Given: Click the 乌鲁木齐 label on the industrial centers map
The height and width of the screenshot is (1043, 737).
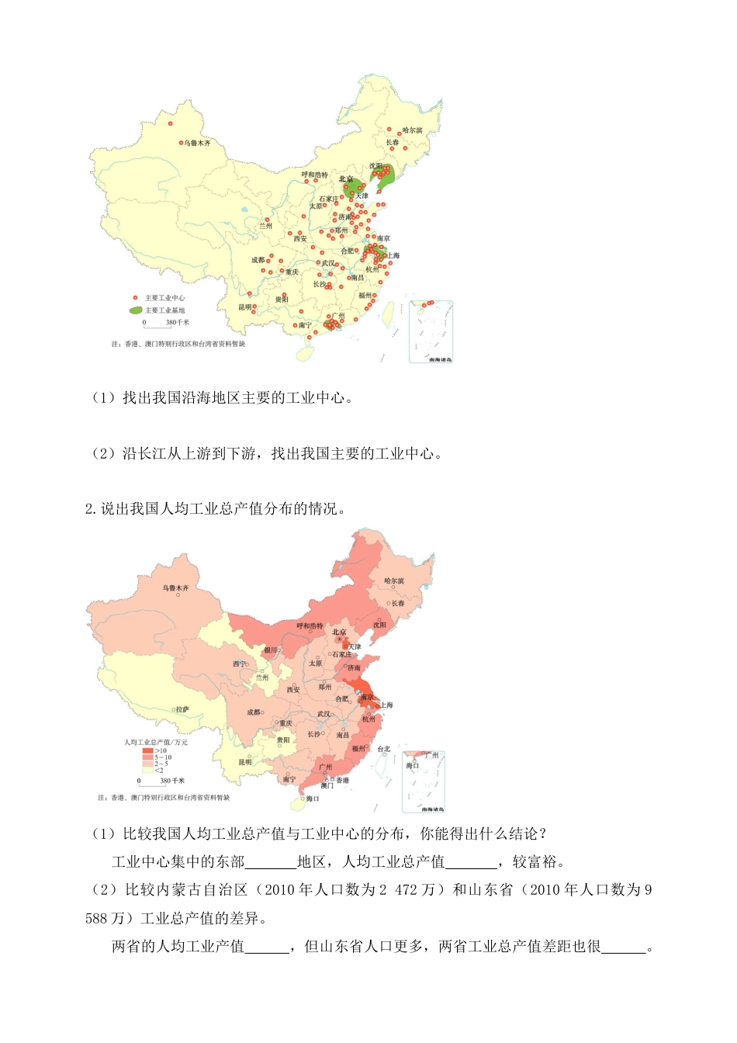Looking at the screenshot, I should click(197, 144).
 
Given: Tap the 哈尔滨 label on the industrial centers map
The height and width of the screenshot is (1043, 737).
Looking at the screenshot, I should click(413, 130).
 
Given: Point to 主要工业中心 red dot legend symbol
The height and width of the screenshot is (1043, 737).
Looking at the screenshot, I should click(135, 298).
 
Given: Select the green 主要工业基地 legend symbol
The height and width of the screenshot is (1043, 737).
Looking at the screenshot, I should click(136, 310).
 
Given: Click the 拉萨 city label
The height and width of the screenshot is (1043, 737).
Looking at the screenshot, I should click(182, 709).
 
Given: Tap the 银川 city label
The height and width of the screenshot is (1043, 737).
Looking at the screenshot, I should click(270, 650).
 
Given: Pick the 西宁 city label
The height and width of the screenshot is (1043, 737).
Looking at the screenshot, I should click(239, 664).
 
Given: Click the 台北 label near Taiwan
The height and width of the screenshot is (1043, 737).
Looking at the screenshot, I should click(384, 749).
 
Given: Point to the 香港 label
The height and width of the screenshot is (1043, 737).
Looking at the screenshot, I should click(342, 780).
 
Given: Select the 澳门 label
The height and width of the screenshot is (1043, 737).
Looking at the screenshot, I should click(327, 786).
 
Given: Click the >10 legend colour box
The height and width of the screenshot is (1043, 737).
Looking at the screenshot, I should click(147, 751).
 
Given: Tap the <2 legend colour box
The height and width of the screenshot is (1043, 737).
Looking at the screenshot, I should click(147, 770).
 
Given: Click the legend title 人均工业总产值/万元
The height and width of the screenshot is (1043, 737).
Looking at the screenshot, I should click(156, 743).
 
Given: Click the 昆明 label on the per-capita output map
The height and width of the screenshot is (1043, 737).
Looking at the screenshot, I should click(245, 762).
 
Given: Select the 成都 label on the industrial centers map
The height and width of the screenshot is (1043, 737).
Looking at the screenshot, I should click(258, 260).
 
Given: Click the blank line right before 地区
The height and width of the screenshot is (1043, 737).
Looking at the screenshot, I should click(271, 862).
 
